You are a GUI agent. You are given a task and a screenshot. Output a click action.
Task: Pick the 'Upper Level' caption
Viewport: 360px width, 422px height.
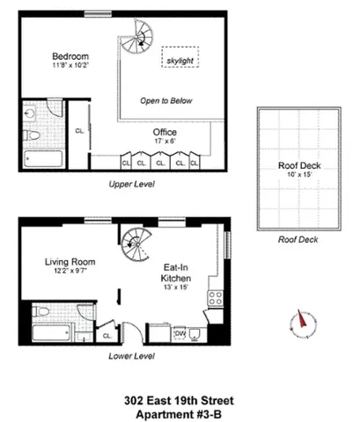[x=131, y=186]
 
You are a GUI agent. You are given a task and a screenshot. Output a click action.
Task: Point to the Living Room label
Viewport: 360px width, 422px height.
[x=70, y=261]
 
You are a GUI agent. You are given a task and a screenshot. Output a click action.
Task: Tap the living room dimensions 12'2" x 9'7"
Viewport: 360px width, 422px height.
[x=70, y=272]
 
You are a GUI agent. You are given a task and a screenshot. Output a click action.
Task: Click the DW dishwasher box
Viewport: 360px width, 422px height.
[x=180, y=333]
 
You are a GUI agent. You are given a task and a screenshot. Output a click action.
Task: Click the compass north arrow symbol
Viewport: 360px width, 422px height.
[x=301, y=323]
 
